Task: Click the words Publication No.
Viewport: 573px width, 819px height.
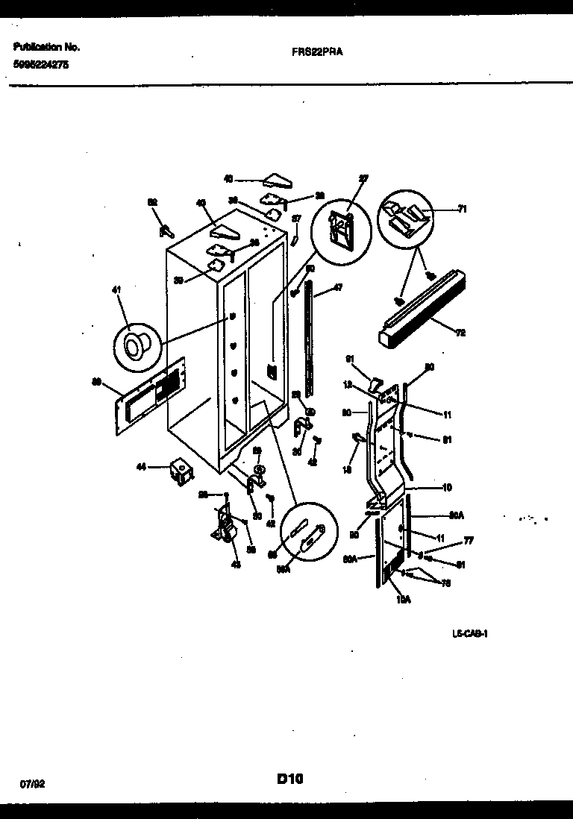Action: pos(47,47)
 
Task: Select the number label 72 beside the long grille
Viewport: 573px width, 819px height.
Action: pos(460,333)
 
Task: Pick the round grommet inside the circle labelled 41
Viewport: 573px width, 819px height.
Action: pos(137,347)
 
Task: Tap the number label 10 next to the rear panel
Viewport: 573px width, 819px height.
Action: pos(447,489)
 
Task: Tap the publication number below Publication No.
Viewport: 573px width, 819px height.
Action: pos(41,65)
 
